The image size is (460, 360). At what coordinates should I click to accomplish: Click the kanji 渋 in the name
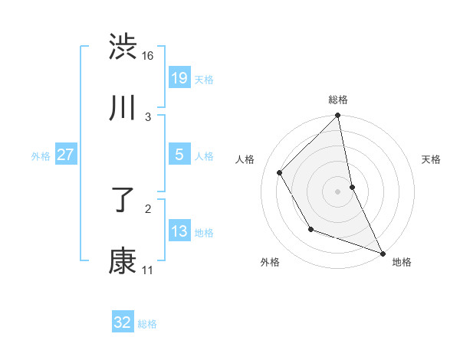(x=123, y=47)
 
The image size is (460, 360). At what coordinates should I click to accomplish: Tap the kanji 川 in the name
(x=123, y=108)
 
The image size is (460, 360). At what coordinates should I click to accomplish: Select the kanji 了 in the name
(x=123, y=200)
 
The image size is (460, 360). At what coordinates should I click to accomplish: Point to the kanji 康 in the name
(x=123, y=261)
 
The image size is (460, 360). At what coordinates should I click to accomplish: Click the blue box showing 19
(x=179, y=78)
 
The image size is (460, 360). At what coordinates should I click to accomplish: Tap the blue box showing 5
(x=179, y=155)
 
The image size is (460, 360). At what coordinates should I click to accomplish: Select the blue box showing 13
(x=179, y=231)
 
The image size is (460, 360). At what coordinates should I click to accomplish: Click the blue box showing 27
(x=65, y=155)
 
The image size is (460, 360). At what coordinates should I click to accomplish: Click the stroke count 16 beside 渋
(x=148, y=56)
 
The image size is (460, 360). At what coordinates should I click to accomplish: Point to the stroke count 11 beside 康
(x=147, y=270)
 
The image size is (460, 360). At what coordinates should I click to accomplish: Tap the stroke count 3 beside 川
(x=148, y=116)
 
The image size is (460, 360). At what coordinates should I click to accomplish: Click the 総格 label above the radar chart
(x=338, y=100)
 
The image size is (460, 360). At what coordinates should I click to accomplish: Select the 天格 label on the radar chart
(x=432, y=159)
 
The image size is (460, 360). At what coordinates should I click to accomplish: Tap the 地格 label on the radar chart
(x=402, y=262)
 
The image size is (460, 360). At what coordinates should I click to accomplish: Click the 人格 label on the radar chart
(x=245, y=159)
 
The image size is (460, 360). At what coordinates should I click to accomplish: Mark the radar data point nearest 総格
(x=338, y=116)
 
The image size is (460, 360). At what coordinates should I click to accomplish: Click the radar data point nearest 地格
(x=383, y=252)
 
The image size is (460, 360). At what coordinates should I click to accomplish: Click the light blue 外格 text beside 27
(x=41, y=155)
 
